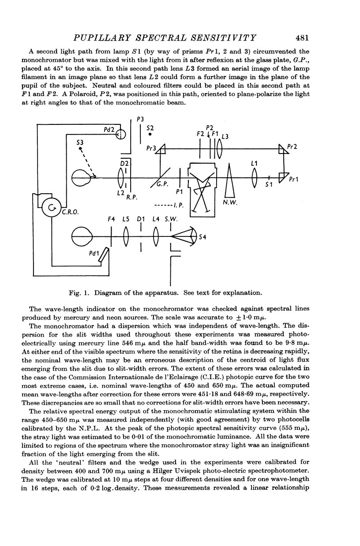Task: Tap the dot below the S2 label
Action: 150,134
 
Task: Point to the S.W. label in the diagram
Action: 170,218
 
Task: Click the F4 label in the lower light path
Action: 112,218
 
